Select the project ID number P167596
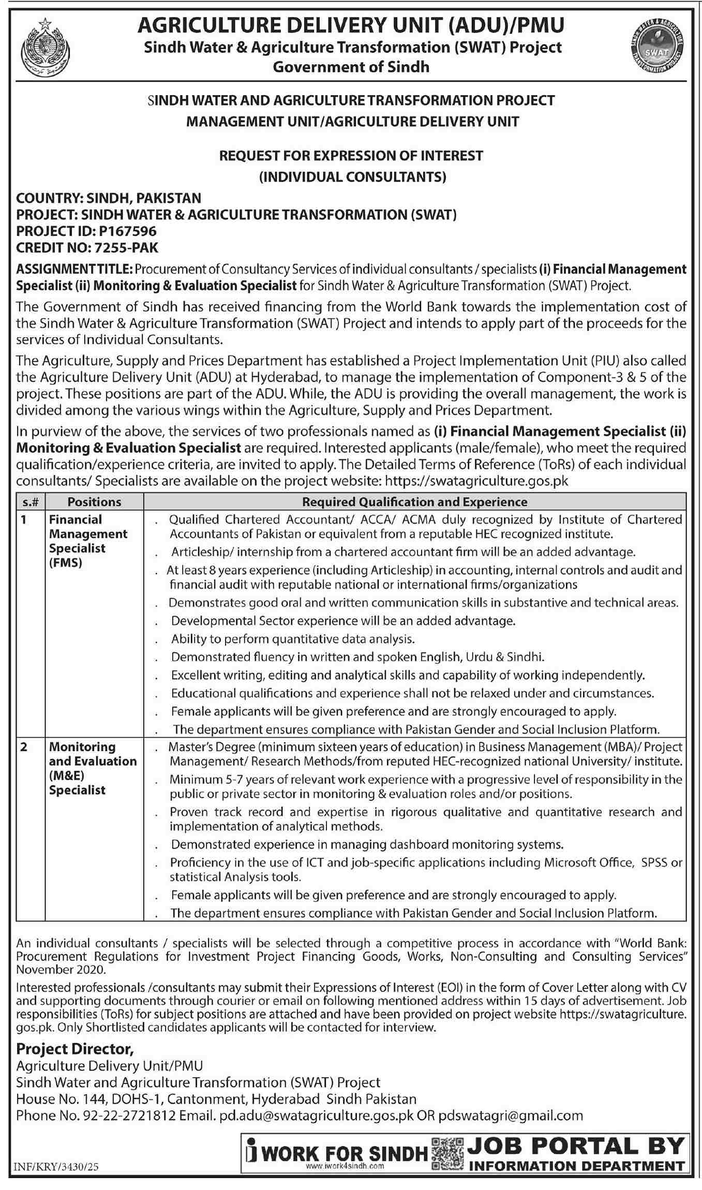(x=123, y=231)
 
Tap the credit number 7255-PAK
(x=123, y=247)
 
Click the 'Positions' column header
(x=94, y=502)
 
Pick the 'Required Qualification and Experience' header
(x=414, y=502)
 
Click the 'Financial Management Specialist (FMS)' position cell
(x=88, y=541)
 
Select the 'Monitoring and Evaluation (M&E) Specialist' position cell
(x=93, y=769)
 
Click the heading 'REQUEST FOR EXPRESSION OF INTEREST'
(x=351, y=156)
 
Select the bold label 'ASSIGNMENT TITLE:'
(x=75, y=269)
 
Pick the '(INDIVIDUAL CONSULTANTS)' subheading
(x=352, y=177)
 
